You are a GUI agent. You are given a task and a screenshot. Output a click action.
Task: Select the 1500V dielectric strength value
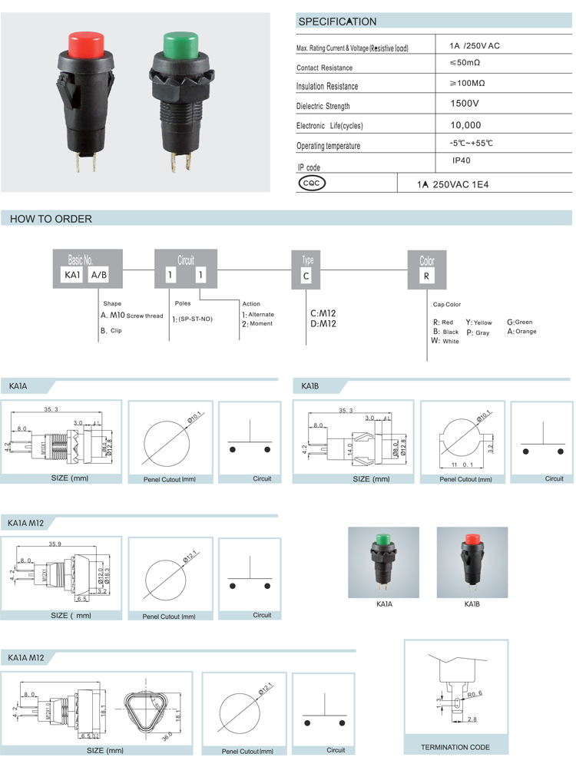465,103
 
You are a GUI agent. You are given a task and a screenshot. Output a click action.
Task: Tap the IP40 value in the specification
462,161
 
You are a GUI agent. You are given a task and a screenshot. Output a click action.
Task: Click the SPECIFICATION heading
337,21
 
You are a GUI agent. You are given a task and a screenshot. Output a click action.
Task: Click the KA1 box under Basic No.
71,275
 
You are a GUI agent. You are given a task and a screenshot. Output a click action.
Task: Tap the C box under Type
306,275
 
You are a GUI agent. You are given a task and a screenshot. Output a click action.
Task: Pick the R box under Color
426,275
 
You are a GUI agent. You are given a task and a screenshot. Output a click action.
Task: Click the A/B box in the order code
100,275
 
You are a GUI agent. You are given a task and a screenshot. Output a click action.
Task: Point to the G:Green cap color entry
519,322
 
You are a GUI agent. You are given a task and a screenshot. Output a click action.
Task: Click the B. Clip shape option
111,330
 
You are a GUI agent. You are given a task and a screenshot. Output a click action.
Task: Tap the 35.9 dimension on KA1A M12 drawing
55,544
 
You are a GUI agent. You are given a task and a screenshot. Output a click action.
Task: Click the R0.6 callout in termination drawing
475,693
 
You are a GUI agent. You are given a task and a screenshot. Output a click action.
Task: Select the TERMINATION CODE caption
455,746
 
